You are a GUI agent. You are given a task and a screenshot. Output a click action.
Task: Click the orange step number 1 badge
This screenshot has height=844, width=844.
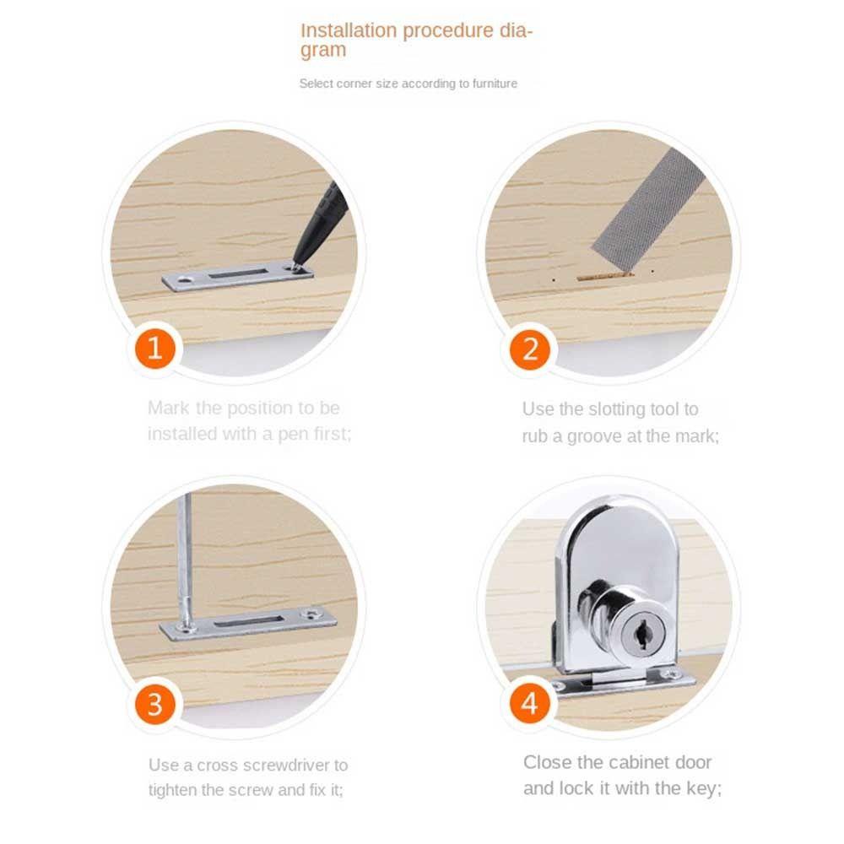click(155, 349)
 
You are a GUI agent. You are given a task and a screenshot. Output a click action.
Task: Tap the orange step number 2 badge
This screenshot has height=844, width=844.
click(530, 349)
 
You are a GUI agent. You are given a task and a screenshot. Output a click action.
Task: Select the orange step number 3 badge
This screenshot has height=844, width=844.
click(155, 704)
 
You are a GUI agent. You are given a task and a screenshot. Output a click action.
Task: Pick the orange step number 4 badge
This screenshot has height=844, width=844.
click(530, 704)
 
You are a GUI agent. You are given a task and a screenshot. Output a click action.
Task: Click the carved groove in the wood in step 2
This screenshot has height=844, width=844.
click(604, 277)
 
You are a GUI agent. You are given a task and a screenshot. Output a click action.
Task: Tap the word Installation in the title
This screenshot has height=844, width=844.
click(349, 30)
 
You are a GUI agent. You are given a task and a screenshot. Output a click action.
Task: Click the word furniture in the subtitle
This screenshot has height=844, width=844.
click(495, 84)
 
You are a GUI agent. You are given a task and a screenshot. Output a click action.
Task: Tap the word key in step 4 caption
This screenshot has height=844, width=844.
click(703, 789)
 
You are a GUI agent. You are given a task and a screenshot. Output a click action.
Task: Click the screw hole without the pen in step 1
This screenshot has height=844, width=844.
click(187, 280)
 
